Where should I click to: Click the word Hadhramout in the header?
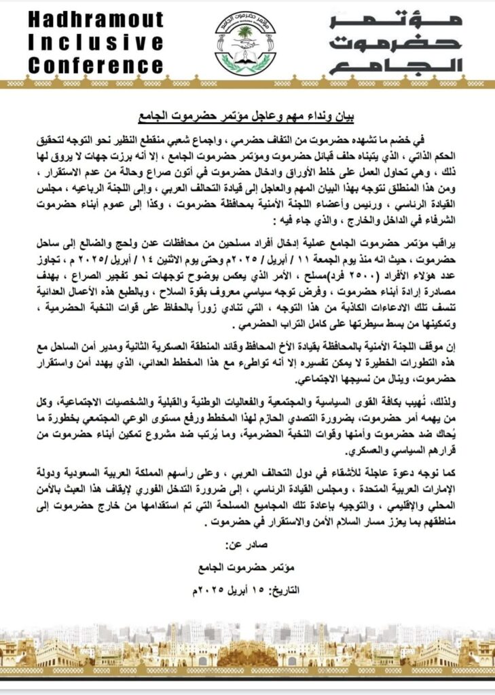click(96, 20)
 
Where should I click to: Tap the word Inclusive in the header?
click(96, 43)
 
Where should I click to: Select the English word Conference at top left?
click(96, 66)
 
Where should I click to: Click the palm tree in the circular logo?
click(245, 33)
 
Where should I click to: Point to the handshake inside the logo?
click(245, 48)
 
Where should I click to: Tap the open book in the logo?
click(245, 60)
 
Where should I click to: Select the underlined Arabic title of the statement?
click(247, 115)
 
